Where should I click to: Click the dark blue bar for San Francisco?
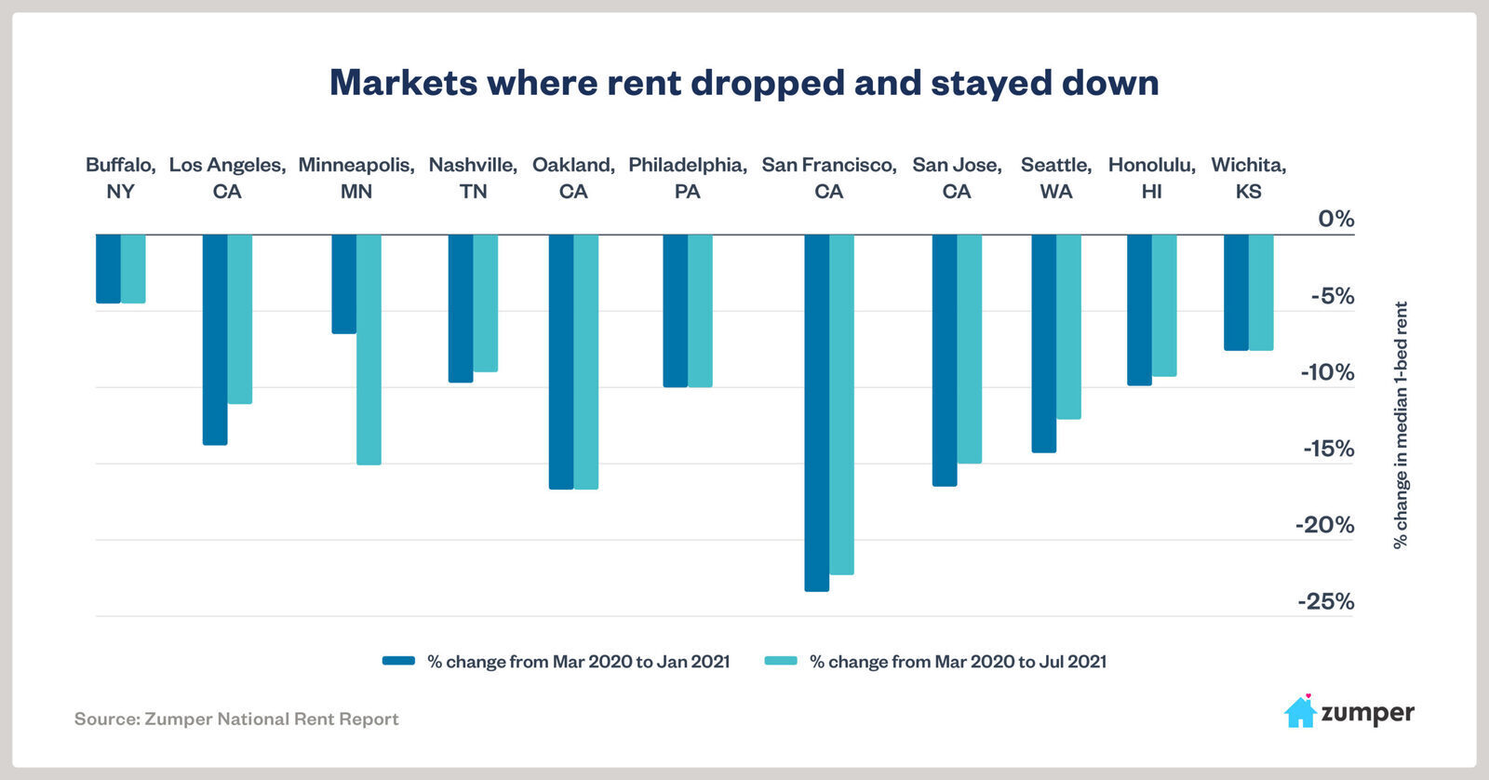(x=816, y=412)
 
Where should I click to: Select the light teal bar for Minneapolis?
(x=369, y=349)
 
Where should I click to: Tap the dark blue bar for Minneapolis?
(x=344, y=284)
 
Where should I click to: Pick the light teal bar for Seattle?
(x=1069, y=327)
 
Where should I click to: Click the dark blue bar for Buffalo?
(x=108, y=269)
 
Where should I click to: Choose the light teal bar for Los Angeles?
(x=240, y=319)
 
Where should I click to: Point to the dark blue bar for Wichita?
(x=1237, y=292)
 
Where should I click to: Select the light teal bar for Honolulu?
(x=1164, y=305)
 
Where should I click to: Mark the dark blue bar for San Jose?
(x=945, y=360)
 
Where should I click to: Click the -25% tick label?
(x=1326, y=602)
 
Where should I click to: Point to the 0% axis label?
(x=1336, y=219)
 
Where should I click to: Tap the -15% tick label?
(x=1329, y=449)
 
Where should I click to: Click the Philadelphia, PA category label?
(x=688, y=178)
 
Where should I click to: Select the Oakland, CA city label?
(x=573, y=178)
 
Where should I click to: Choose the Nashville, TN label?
(x=474, y=178)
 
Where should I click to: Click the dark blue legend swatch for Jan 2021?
(x=399, y=661)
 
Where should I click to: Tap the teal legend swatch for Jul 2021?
(x=781, y=661)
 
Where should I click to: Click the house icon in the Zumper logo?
(x=1300, y=711)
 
